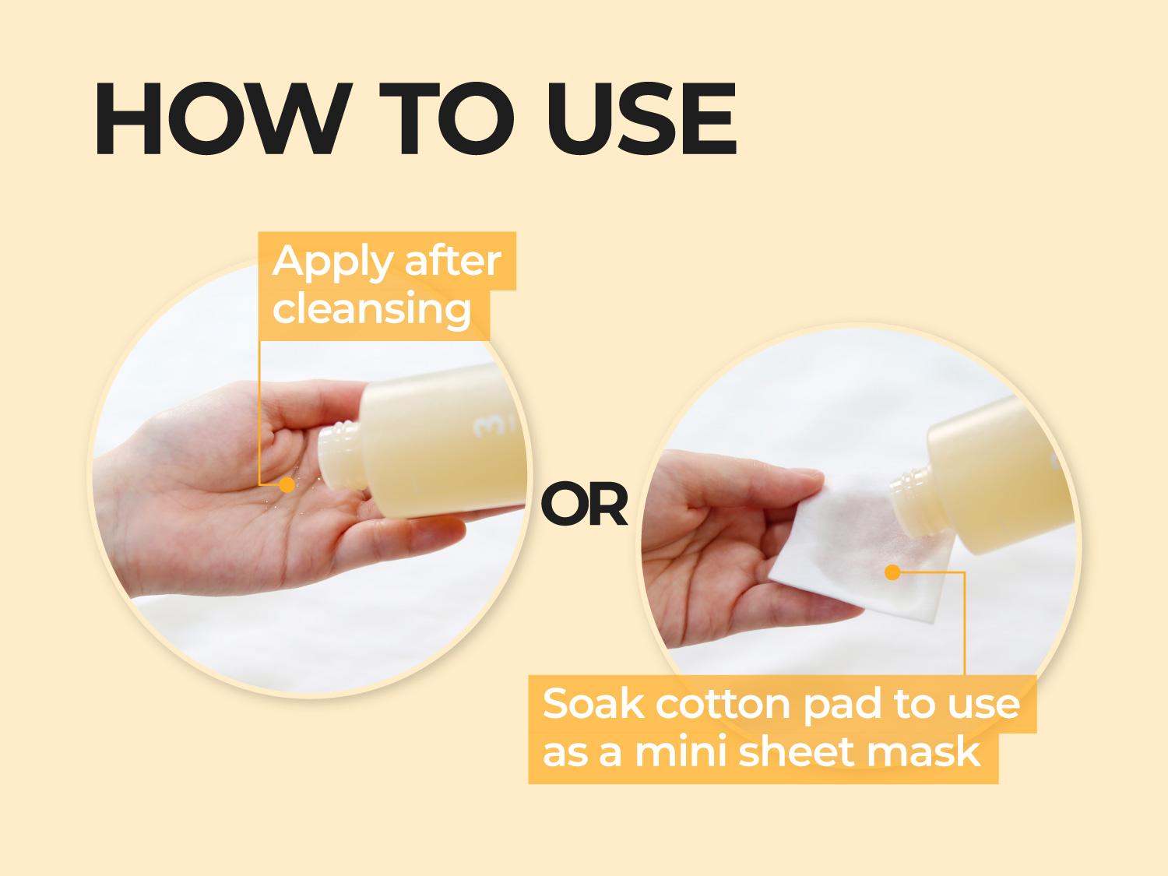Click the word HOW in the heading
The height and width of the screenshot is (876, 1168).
click(223, 118)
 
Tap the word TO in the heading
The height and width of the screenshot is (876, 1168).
click(446, 118)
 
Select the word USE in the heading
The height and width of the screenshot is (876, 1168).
click(641, 118)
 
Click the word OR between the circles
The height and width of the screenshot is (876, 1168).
click(584, 503)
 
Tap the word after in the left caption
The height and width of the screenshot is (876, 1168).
click(453, 261)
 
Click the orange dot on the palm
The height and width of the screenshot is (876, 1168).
click(287, 484)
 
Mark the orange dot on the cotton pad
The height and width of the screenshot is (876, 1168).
click(892, 572)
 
